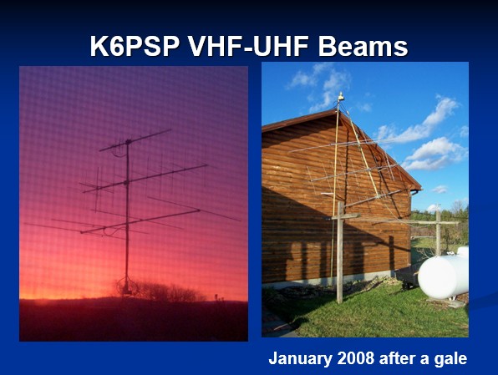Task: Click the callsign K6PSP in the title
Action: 135,47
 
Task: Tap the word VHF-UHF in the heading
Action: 248,47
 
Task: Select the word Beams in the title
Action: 363,47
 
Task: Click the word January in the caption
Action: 300,359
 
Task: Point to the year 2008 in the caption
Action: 356,358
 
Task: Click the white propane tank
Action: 444,276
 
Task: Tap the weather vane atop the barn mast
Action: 340,97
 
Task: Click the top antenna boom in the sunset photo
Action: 135,140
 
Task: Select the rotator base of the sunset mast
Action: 128,286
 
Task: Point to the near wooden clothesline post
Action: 339,252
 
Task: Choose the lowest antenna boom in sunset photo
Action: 140,221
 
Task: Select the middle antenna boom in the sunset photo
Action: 145,179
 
